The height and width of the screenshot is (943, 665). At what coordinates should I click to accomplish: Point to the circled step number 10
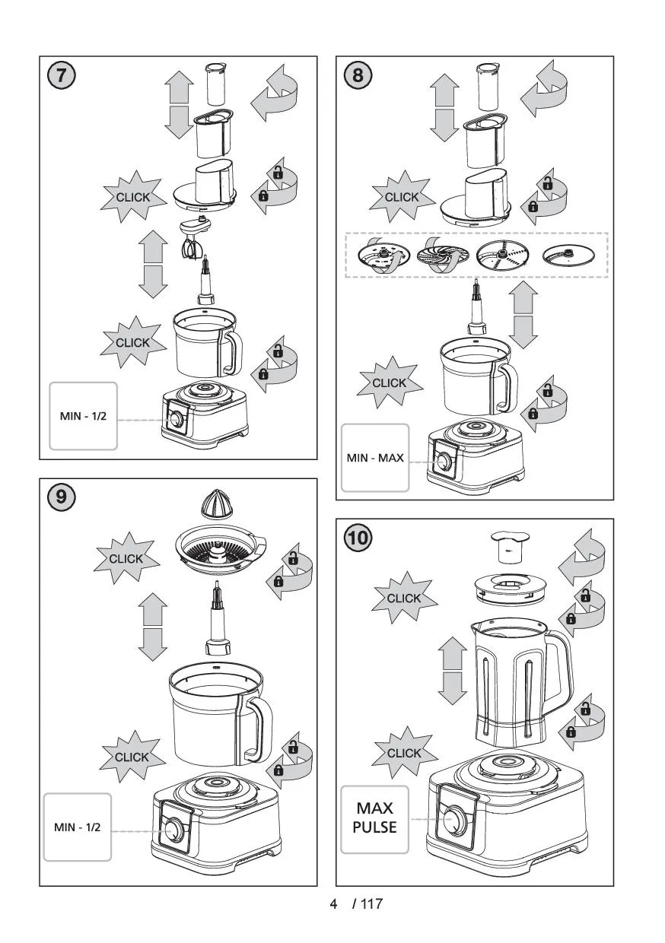[x=358, y=538]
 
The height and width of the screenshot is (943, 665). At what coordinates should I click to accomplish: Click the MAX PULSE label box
[x=374, y=818]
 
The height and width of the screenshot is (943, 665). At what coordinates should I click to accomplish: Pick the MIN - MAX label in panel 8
[x=374, y=458]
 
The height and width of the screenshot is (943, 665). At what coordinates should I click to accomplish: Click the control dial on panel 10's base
[x=455, y=821]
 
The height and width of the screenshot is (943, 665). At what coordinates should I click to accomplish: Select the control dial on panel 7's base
[x=177, y=420]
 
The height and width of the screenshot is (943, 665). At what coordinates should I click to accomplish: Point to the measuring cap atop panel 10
[x=508, y=545]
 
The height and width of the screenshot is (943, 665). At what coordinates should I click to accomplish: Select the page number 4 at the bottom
[x=333, y=904]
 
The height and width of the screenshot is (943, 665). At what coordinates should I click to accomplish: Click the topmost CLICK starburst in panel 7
[x=132, y=198]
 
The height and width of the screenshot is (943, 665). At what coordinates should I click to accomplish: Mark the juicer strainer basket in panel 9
[x=219, y=551]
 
